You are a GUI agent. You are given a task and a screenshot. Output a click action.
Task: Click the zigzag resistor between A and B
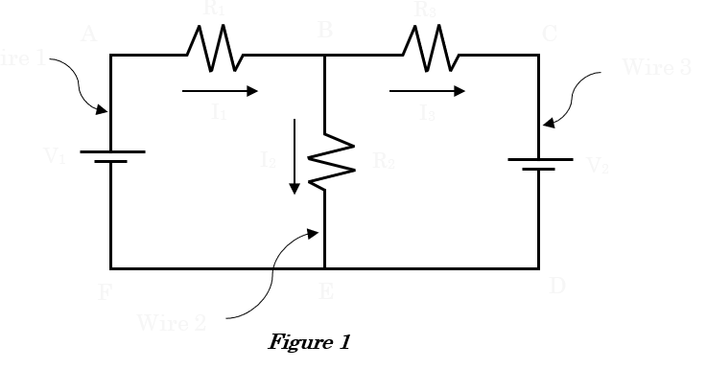coord(215,47)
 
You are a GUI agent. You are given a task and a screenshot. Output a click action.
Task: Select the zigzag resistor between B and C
coord(431,47)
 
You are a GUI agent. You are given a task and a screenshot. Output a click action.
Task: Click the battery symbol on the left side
coord(111,156)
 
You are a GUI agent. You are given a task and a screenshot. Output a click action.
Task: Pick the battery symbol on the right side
coord(539,164)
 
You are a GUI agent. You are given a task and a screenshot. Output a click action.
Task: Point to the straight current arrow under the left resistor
coord(220,91)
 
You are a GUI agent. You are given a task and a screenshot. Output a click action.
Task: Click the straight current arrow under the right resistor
coord(428,91)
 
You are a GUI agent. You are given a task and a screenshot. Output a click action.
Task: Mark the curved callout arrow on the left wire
coord(78,82)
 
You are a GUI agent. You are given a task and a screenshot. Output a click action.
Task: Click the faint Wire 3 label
coord(656,68)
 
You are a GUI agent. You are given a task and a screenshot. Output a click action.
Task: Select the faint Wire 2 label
coord(172,321)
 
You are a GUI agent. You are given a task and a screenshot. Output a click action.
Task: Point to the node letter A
coord(88,35)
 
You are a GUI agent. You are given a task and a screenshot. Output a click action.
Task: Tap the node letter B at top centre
coord(325,31)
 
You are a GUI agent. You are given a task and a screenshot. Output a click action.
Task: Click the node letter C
coord(550,35)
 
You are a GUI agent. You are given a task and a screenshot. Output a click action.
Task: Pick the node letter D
coord(557,286)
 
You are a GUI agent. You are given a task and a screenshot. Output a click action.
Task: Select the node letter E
coord(326,291)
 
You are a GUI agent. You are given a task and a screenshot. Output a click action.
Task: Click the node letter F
coord(106,292)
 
